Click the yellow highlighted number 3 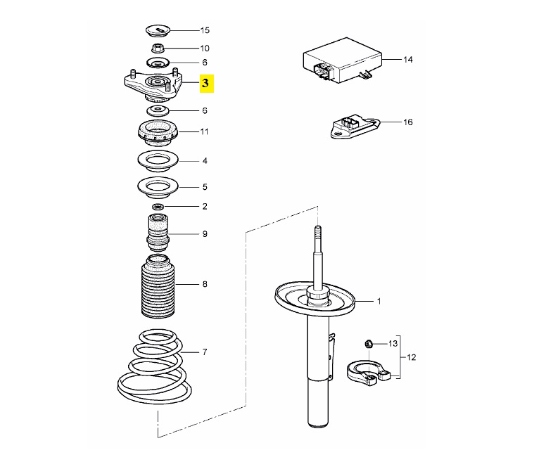click(205, 84)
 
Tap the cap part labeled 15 click(158, 31)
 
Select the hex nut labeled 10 click(158, 48)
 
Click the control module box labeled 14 click(342, 61)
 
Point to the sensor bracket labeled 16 click(354, 128)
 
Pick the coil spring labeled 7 click(155, 366)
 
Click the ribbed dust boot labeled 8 click(158, 286)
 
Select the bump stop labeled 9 click(158, 233)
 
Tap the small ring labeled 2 click(158, 207)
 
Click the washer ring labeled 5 click(158, 188)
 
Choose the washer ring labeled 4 click(158, 162)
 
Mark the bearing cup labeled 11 click(158, 133)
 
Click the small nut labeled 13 click(369, 344)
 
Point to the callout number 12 click(411, 357)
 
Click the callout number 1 click(379, 302)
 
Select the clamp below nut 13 click(369, 373)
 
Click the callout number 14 click(408, 60)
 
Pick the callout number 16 click(408, 122)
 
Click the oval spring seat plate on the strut click(315, 300)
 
